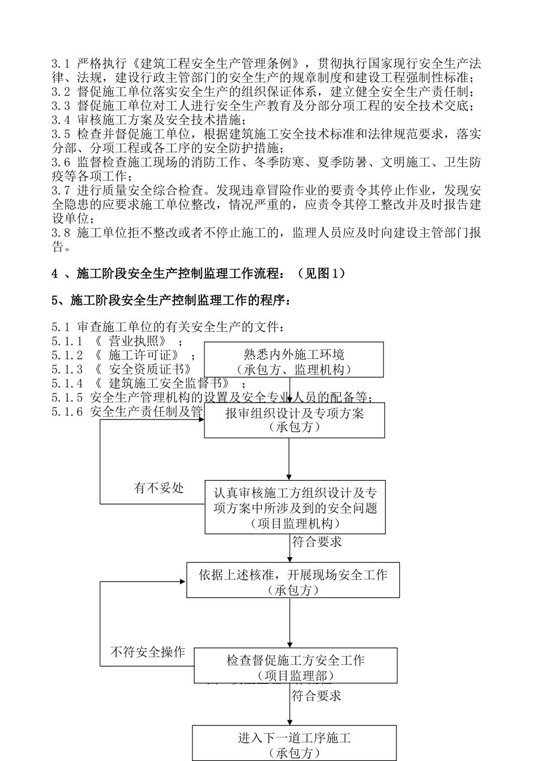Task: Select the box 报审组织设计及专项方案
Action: pos(294,420)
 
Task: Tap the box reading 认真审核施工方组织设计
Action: pos(295,508)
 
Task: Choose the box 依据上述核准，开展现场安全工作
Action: pos(293,580)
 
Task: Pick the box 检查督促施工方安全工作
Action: pos(295,666)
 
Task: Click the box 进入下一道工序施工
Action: pos(294,743)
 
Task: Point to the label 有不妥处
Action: pos(159,488)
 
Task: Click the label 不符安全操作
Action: pos(147,652)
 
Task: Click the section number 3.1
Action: pos(61,63)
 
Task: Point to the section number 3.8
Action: pos(61,232)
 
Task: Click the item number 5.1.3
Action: pos(67,369)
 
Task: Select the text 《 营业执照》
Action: pos(130,341)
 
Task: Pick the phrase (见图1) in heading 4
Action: pos(320,273)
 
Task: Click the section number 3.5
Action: pos(61,134)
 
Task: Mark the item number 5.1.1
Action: pos(67,341)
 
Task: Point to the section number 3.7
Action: pos(61,190)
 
